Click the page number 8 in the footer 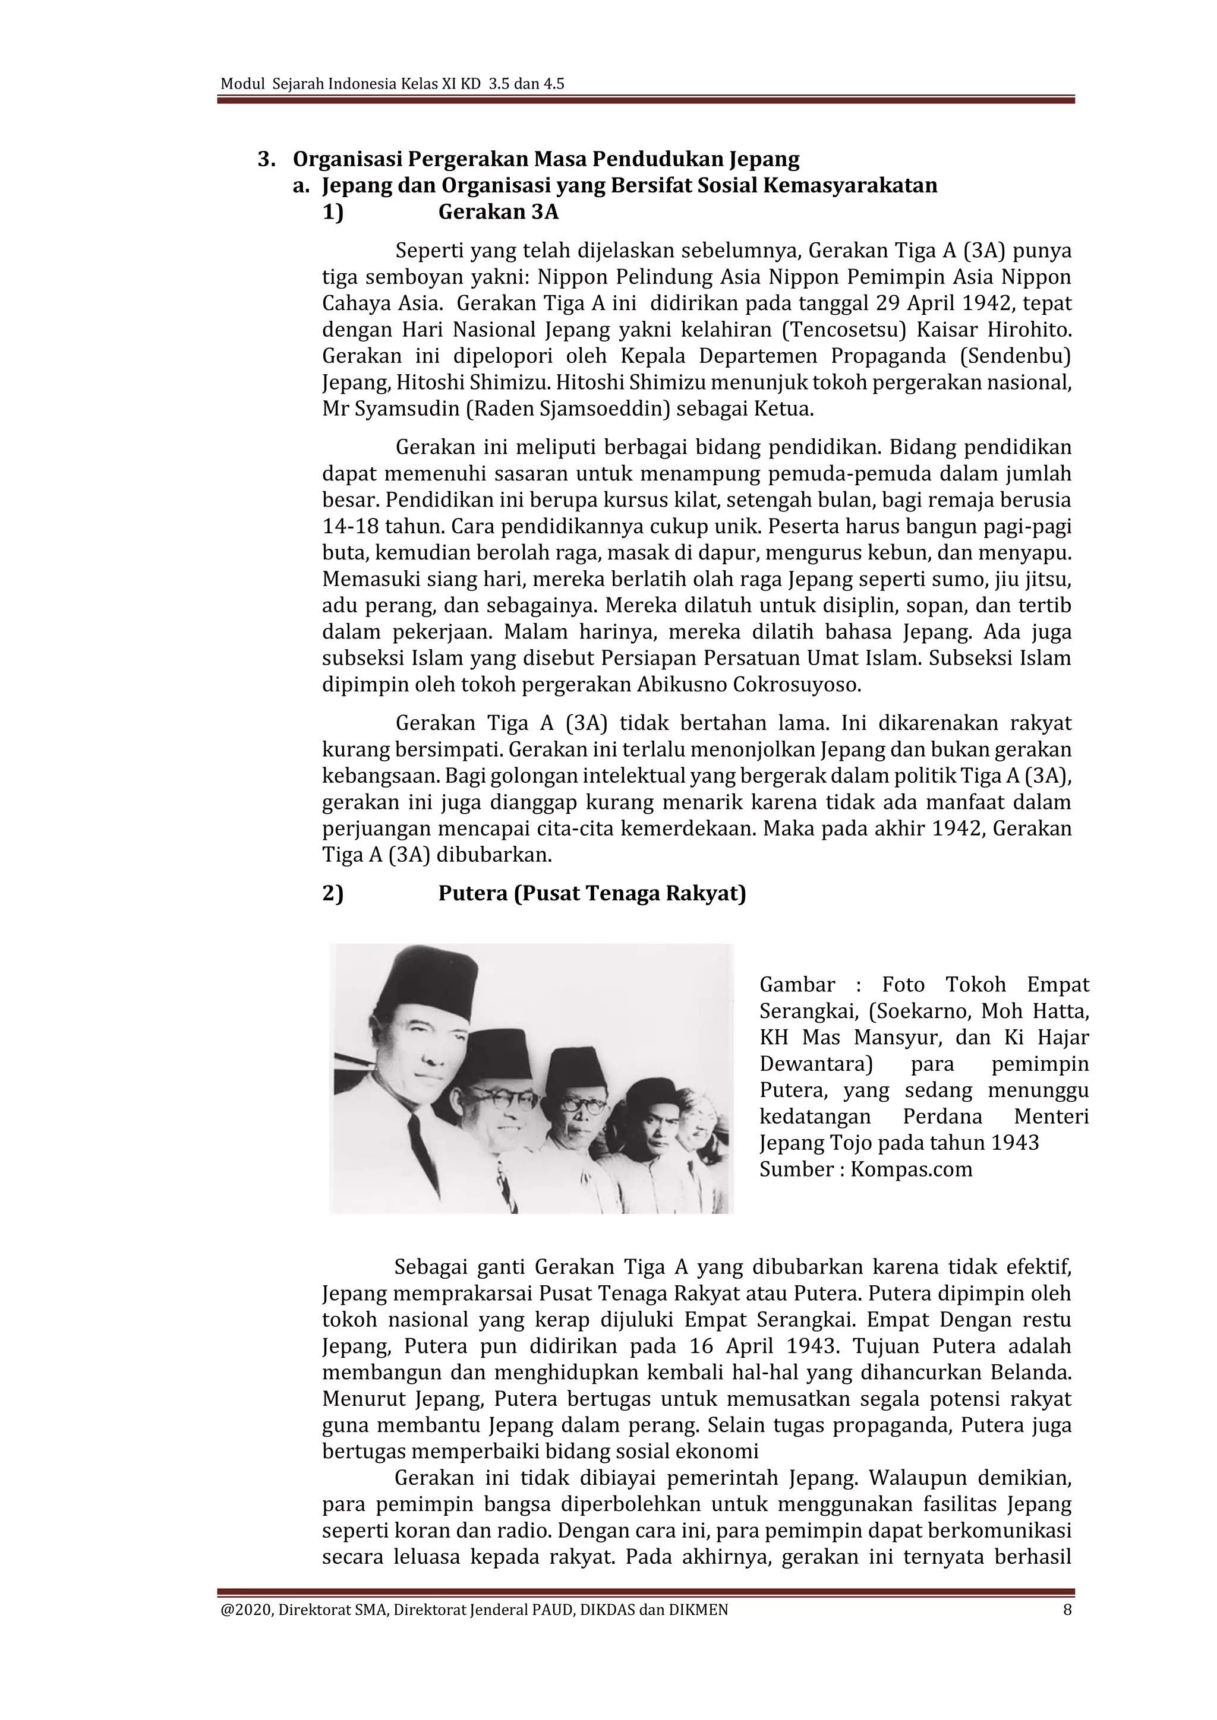[x=1067, y=1610]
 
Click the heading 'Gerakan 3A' [x=499, y=212]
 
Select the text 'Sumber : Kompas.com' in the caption [x=866, y=1169]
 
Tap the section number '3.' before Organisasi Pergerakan [x=266, y=160]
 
